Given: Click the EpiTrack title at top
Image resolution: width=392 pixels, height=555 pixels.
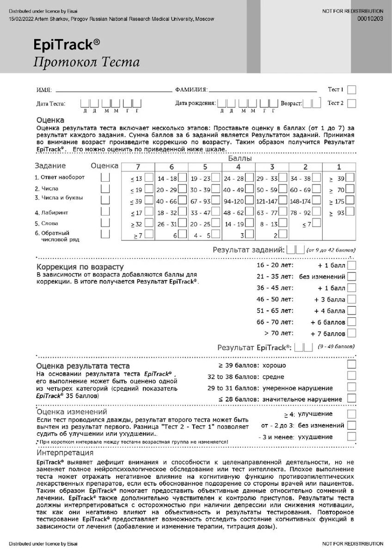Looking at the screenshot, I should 66,44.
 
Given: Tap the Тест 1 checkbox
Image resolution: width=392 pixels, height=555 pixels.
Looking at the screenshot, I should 352,90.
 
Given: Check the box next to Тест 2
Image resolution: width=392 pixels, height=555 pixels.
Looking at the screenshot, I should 352,103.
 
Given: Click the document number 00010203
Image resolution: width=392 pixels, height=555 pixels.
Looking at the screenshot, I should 370,18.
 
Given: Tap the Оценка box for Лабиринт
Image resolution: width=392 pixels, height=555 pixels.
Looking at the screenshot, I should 106,211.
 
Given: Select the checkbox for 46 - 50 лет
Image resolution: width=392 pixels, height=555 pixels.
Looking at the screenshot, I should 352,299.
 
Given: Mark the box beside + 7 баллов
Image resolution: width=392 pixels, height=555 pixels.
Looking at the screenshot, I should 352,333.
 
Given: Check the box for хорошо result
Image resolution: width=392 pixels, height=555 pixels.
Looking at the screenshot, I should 352,365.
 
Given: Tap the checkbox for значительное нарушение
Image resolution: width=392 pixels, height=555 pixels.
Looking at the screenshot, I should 352,399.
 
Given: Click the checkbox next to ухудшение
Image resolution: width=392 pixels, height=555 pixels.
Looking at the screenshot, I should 352,437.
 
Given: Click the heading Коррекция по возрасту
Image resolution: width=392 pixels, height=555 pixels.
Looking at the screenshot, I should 80,267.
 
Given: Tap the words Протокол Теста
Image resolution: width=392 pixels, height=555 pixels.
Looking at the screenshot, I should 86,62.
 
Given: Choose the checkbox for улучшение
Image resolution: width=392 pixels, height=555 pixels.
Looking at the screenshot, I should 352,414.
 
